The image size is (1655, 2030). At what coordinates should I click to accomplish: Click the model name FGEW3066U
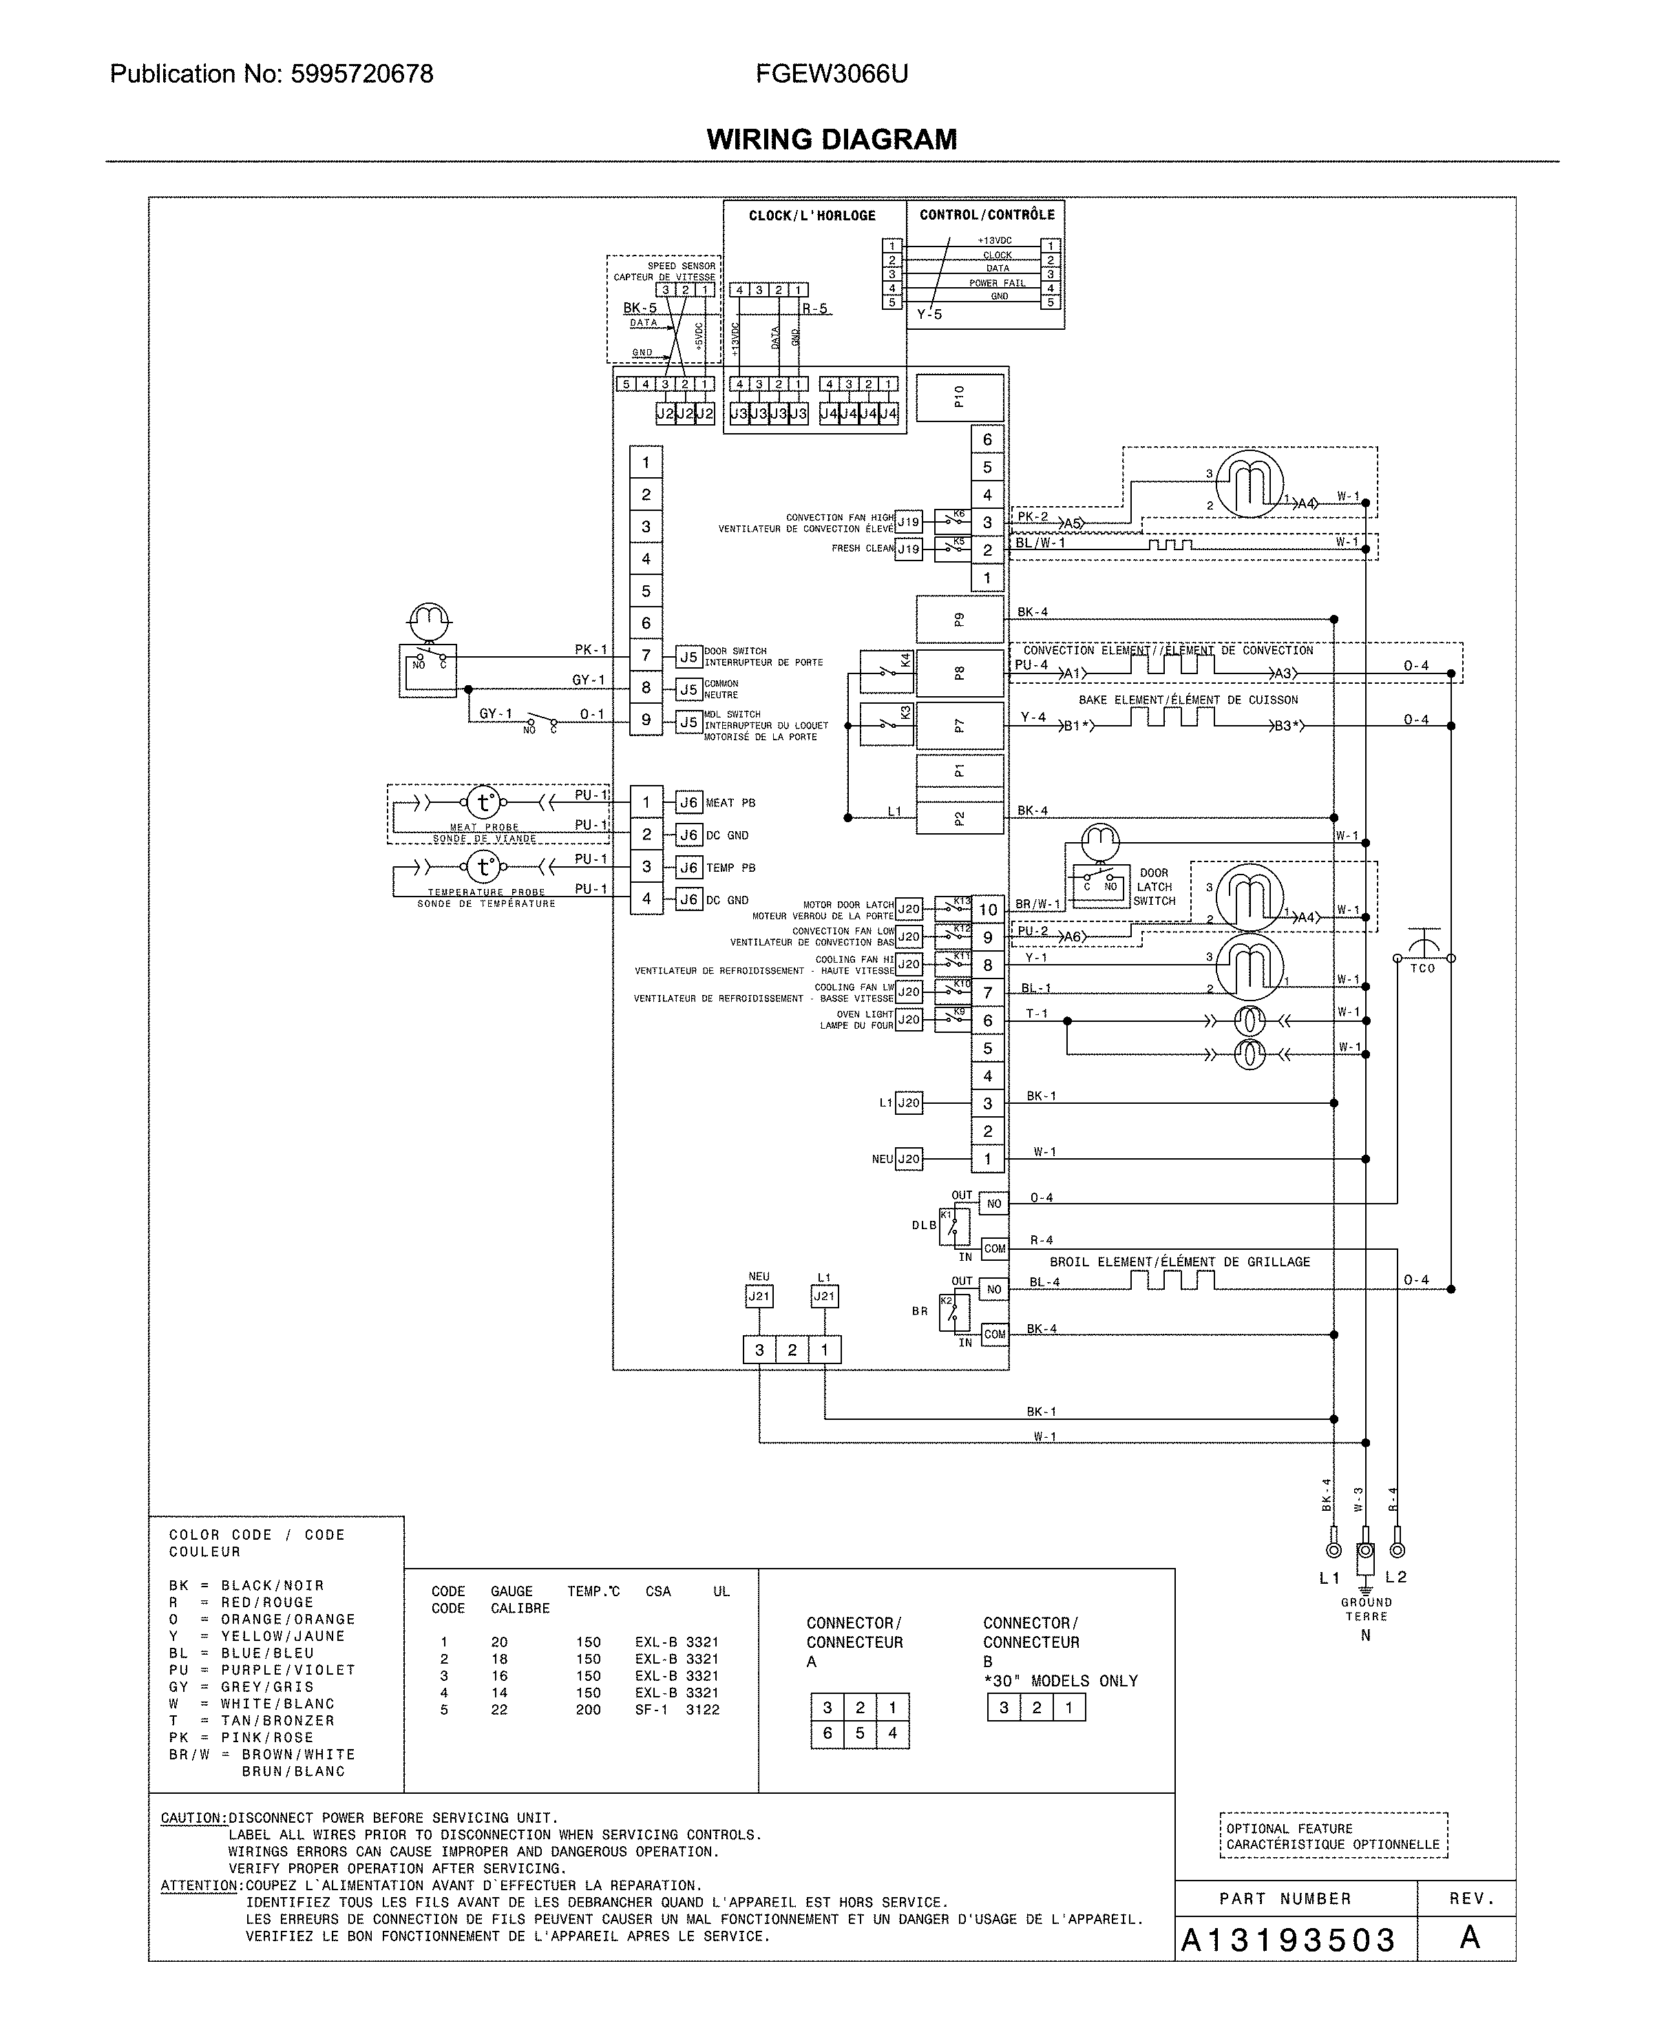point(832,74)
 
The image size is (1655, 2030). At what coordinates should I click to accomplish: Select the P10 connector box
point(959,397)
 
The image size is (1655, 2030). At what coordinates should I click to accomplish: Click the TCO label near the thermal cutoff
point(1422,969)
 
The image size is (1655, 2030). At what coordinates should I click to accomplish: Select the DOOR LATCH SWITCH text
point(1154,887)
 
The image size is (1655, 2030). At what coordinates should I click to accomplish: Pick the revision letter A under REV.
point(1470,1938)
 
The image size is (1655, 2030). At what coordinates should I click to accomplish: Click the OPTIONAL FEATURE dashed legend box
point(1333,1837)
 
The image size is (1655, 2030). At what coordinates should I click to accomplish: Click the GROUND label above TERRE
point(1366,1603)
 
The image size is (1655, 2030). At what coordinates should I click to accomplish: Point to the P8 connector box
point(959,673)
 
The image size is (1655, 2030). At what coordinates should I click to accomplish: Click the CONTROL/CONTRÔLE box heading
point(987,216)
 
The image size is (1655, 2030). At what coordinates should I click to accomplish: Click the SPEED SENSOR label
point(681,266)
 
